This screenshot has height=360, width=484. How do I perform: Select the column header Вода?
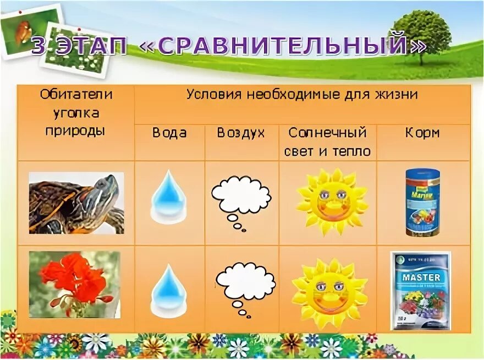tap(169, 133)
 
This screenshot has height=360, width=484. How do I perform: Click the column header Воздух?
tap(240, 133)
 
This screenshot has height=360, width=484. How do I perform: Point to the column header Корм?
tap(422, 133)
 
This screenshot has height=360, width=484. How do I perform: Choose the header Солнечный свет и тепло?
tap(327, 141)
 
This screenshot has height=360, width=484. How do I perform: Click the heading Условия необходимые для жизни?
tap(302, 94)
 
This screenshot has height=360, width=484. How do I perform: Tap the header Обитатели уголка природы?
tap(76, 113)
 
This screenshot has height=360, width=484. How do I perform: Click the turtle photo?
tap(76, 203)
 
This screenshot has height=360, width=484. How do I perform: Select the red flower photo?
tap(74, 284)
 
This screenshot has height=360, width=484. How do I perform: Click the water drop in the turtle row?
tap(169, 197)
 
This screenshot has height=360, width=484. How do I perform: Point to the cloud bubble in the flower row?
tap(244, 283)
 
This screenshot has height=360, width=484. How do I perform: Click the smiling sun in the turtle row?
tap(331, 199)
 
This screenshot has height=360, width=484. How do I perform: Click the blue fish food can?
tap(422, 202)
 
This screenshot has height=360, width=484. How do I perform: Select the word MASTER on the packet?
tap(420, 277)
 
